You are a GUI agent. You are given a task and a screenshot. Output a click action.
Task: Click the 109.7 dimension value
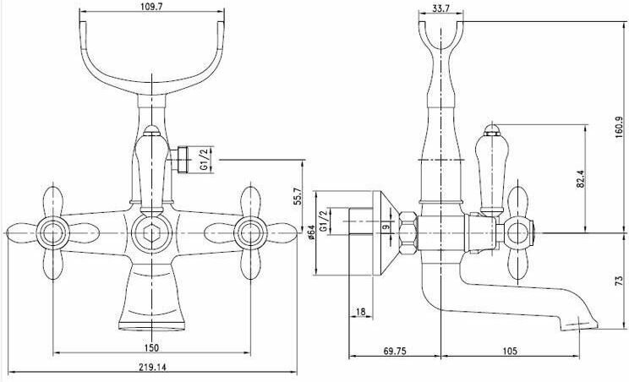point(151,6)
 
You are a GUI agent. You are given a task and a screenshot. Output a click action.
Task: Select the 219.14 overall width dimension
point(152,367)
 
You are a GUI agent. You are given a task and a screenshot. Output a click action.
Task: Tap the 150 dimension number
point(151,348)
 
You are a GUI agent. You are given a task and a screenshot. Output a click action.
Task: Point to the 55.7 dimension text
point(298,196)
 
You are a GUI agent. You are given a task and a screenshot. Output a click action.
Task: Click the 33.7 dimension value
point(440,8)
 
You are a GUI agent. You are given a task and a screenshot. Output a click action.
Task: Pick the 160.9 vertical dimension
point(620,128)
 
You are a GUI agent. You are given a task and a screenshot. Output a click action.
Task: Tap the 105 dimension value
point(510,352)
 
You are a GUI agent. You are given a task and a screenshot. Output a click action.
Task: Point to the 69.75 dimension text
point(395,352)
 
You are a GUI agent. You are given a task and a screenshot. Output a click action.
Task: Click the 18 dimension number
point(361,312)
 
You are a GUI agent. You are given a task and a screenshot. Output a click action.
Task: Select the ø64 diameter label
point(312,232)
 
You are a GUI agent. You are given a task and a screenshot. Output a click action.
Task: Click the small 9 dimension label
point(386,226)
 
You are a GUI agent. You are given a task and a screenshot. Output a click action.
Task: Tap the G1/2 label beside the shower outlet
point(205,159)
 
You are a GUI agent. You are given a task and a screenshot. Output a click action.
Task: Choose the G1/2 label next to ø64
point(324,221)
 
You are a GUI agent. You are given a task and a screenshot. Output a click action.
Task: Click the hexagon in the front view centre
point(151,233)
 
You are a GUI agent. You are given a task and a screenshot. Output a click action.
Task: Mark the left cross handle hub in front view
point(53,233)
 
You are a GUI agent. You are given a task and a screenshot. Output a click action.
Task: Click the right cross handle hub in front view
point(251,233)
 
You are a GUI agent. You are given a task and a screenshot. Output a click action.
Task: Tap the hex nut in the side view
point(408,232)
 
